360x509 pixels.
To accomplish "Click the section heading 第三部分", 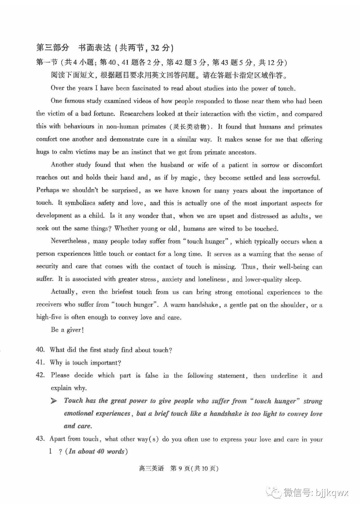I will click(x=53, y=47).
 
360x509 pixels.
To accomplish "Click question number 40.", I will click(x=40, y=350).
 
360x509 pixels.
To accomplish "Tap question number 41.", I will click(x=40, y=362).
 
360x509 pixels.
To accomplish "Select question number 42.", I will click(x=40, y=375).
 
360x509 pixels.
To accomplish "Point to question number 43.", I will click(x=40, y=439).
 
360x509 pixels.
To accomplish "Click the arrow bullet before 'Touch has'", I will click(x=54, y=401).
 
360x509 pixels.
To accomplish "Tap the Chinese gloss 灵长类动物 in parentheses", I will click(x=191, y=127).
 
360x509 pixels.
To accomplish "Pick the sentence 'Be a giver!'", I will click(x=67, y=330).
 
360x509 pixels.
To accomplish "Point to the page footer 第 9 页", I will click(x=180, y=468).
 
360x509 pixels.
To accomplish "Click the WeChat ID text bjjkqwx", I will click(x=332, y=493).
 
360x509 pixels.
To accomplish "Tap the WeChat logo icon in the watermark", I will click(x=274, y=493).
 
